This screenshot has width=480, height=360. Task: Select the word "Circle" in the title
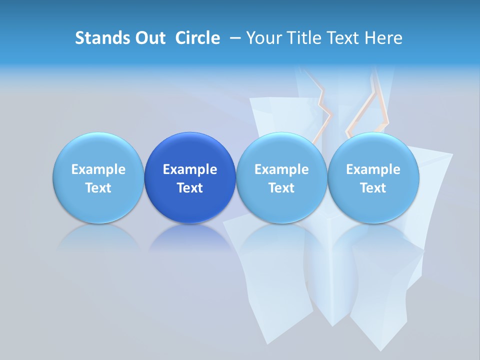197,38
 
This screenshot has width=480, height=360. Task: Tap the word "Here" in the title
384,38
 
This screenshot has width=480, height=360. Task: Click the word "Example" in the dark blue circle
190,169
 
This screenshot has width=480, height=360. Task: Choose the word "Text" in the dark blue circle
190,188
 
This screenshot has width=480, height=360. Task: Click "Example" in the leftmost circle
98,169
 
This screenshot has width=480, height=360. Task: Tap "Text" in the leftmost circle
98,188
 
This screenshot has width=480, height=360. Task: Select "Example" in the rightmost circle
373,169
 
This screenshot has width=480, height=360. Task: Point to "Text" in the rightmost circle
373,188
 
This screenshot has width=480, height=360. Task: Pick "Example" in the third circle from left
281,169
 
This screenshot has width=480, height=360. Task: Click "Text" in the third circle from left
281,188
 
